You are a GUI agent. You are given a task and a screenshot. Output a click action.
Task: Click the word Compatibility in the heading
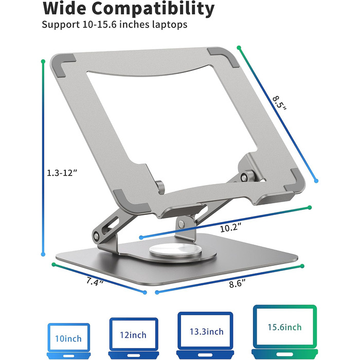(153, 9)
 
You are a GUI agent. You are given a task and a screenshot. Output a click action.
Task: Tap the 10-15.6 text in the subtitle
(99, 24)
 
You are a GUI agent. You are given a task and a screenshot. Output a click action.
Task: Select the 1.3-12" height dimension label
(62, 173)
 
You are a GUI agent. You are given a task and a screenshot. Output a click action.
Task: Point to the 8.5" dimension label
(280, 103)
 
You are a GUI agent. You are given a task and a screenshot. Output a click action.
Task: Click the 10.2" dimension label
(230, 228)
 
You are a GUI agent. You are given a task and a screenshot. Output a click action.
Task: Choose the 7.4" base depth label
(95, 282)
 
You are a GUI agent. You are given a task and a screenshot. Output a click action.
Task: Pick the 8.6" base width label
(237, 283)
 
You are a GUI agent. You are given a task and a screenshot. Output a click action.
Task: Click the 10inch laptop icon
(68, 341)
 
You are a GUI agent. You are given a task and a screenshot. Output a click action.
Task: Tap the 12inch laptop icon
(134, 338)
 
